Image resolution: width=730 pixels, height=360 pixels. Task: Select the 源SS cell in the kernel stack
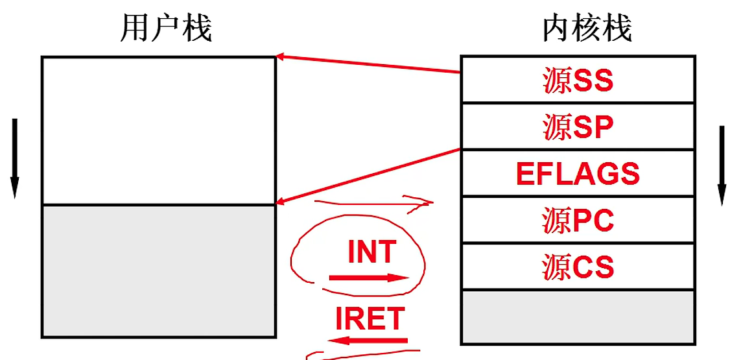(x=578, y=80)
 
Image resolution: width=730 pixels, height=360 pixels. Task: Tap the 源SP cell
(x=578, y=127)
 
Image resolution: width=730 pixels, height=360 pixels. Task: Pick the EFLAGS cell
(x=578, y=174)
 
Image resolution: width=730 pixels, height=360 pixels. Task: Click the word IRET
(x=370, y=318)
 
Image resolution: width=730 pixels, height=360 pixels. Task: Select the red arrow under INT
(x=369, y=278)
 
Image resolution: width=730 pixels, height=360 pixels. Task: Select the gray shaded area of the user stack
(x=159, y=270)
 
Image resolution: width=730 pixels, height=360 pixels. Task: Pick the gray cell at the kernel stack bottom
(x=578, y=317)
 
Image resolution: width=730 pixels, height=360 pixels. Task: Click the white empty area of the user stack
(x=159, y=130)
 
